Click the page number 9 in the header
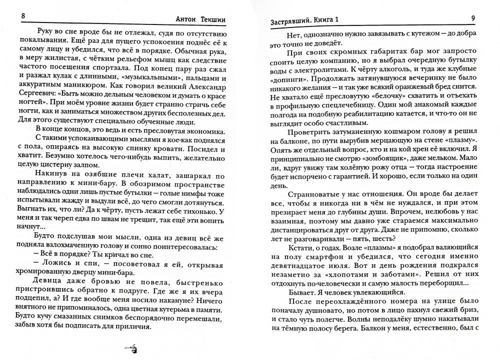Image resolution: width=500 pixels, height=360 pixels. point(473,19)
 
